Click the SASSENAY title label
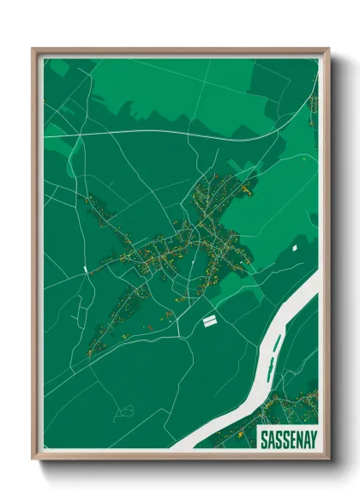click(288, 440)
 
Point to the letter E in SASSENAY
click(291, 440)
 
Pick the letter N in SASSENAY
click(298, 440)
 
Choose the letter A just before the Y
click(305, 440)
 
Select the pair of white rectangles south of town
click(208, 320)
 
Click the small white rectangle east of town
click(294, 248)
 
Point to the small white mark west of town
click(86, 269)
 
